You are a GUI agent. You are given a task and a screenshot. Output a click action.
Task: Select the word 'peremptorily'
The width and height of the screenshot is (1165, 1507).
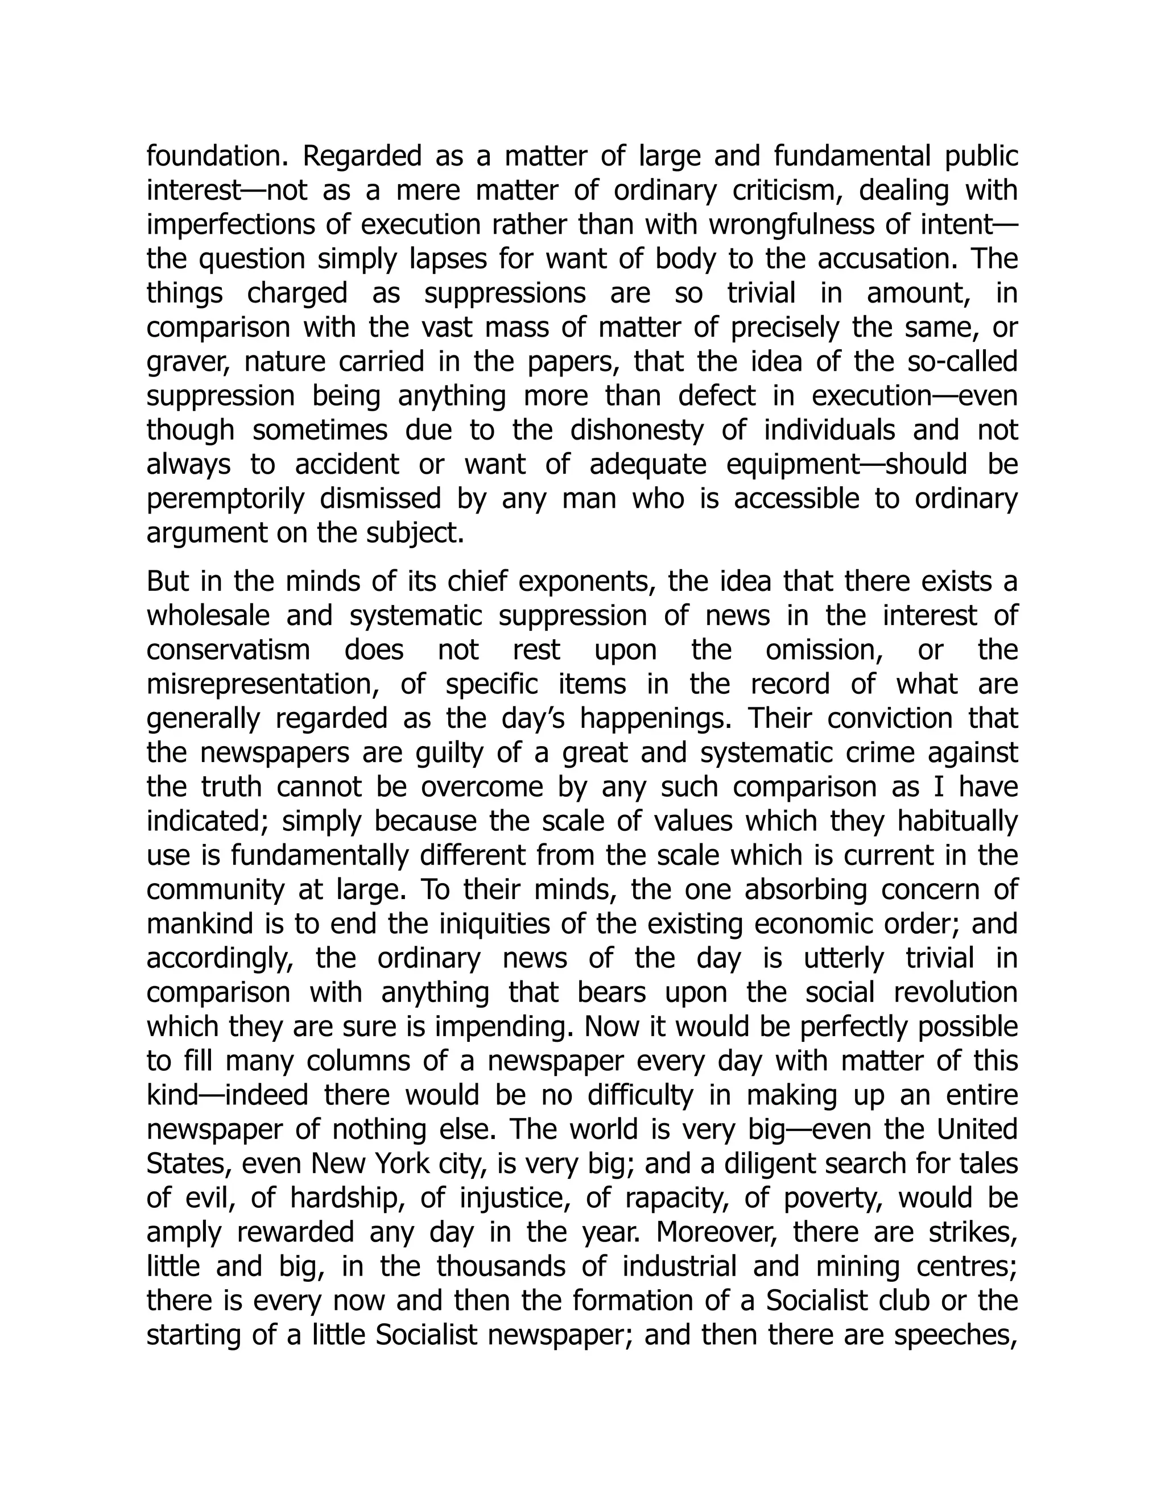(225, 499)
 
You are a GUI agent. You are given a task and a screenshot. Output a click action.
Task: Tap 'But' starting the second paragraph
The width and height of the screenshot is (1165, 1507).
(168, 582)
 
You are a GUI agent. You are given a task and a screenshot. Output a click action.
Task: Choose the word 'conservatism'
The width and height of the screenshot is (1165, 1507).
(229, 650)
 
